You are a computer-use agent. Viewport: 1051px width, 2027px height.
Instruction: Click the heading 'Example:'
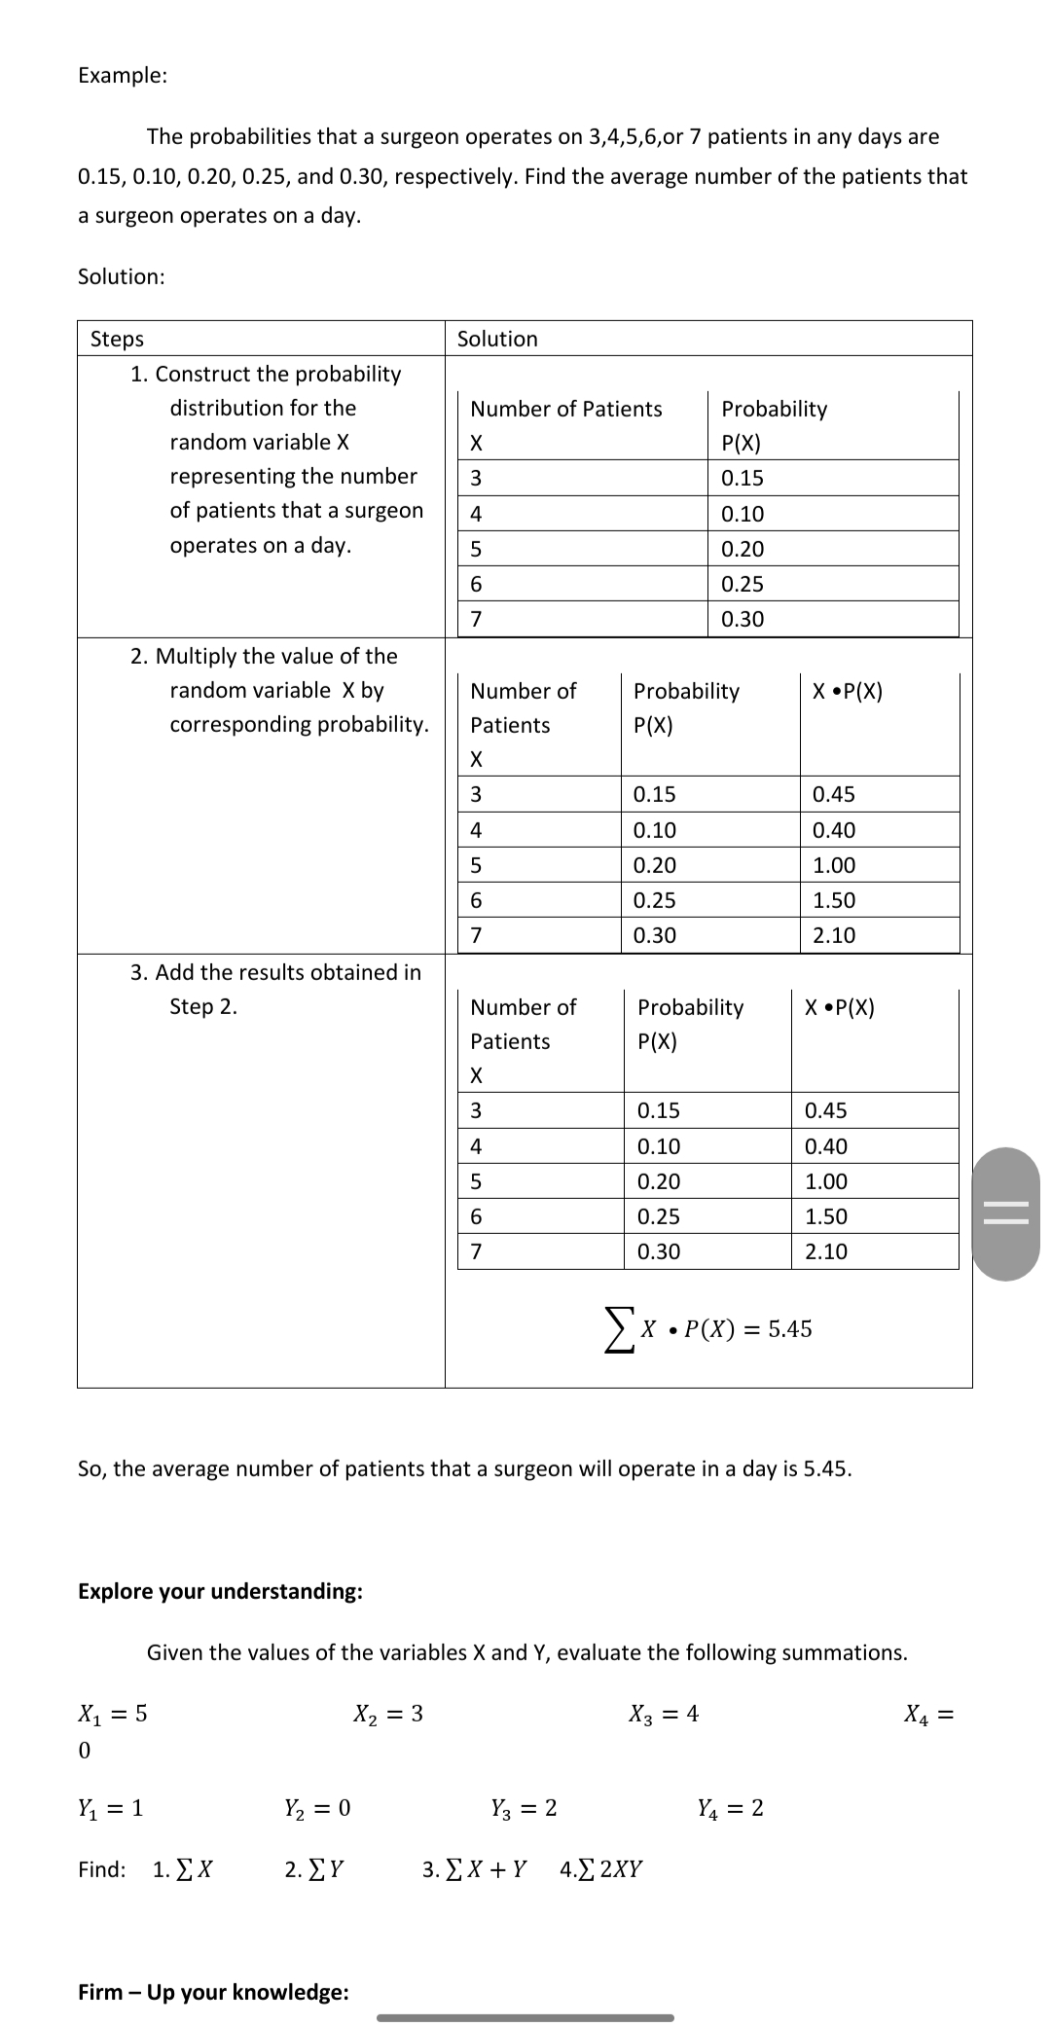123,75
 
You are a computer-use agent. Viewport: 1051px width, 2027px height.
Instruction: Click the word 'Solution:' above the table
121,276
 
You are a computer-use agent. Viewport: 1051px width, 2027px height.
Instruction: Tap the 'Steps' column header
117,339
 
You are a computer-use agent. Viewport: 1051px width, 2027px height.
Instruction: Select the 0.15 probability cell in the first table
743,478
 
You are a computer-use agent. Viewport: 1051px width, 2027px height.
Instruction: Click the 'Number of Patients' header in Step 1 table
565,409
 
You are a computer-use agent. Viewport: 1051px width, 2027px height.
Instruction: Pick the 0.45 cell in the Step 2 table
834,794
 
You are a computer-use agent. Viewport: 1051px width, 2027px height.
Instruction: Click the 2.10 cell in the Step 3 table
826,1251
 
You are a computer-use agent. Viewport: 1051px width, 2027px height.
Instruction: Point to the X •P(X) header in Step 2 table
848,691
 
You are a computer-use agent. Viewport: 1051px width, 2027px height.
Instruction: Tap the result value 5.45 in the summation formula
790,1329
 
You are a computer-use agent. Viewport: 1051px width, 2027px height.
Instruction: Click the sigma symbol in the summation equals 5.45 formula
616,1330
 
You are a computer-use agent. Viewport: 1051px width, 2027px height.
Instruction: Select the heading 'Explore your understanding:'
220,1591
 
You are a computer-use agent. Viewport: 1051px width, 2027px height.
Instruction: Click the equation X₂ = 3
388,1714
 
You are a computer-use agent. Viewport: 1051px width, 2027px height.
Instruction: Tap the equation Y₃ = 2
525,1808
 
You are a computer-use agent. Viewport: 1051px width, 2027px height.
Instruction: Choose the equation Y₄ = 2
731,1808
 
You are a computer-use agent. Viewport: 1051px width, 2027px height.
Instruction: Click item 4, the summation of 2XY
601,1869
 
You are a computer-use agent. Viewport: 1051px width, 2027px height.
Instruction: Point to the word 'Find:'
102,1869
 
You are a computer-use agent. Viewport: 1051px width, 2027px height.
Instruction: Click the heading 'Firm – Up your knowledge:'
213,1992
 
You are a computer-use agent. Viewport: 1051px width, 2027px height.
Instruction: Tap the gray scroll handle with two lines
1005,1214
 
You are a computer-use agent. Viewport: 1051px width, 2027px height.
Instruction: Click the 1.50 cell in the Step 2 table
834,900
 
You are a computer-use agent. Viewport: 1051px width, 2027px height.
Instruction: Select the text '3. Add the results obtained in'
275,972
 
